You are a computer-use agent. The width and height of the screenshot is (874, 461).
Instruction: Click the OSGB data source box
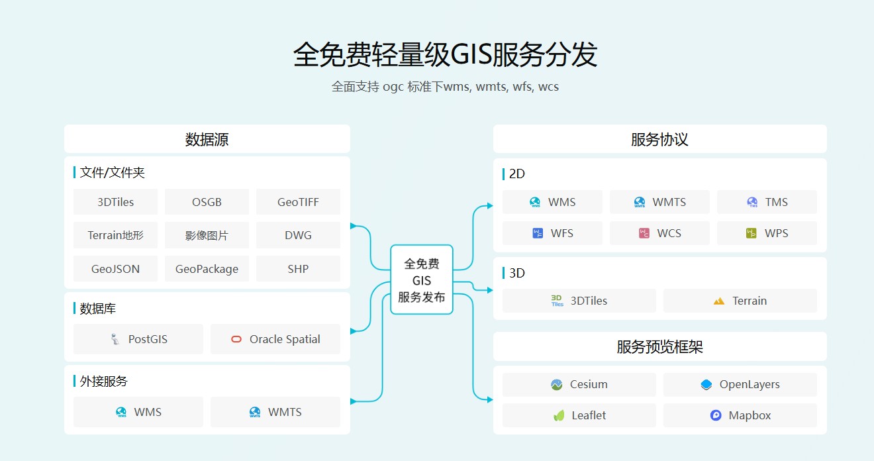207,202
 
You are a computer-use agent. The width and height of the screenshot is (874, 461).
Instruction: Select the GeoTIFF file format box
298,202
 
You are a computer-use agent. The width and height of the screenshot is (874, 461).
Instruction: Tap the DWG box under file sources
298,235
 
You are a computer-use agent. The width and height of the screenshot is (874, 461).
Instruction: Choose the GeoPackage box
207,269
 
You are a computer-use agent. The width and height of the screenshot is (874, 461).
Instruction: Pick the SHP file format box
298,269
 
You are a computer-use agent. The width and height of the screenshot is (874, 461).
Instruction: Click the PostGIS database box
138,339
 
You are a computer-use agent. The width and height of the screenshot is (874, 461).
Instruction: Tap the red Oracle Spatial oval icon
236,339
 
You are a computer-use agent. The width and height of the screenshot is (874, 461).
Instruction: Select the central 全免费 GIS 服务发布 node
422,280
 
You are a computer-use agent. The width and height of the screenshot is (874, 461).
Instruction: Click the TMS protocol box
767,202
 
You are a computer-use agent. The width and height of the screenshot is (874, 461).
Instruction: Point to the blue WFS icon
538,233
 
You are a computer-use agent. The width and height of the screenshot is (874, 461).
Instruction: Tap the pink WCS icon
644,233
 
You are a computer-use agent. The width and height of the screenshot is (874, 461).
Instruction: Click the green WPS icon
752,233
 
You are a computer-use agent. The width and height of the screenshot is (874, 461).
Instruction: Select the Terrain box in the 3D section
740,301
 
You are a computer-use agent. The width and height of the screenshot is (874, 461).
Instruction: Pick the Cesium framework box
579,384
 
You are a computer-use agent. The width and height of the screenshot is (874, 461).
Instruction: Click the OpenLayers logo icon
706,384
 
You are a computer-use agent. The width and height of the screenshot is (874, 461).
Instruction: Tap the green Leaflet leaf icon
559,415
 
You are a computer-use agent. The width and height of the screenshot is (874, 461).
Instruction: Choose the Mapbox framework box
740,415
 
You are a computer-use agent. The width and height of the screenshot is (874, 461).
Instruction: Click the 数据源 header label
207,139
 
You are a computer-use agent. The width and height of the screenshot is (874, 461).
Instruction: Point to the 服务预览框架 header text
659,346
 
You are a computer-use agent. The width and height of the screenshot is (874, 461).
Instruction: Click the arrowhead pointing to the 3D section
490,290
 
